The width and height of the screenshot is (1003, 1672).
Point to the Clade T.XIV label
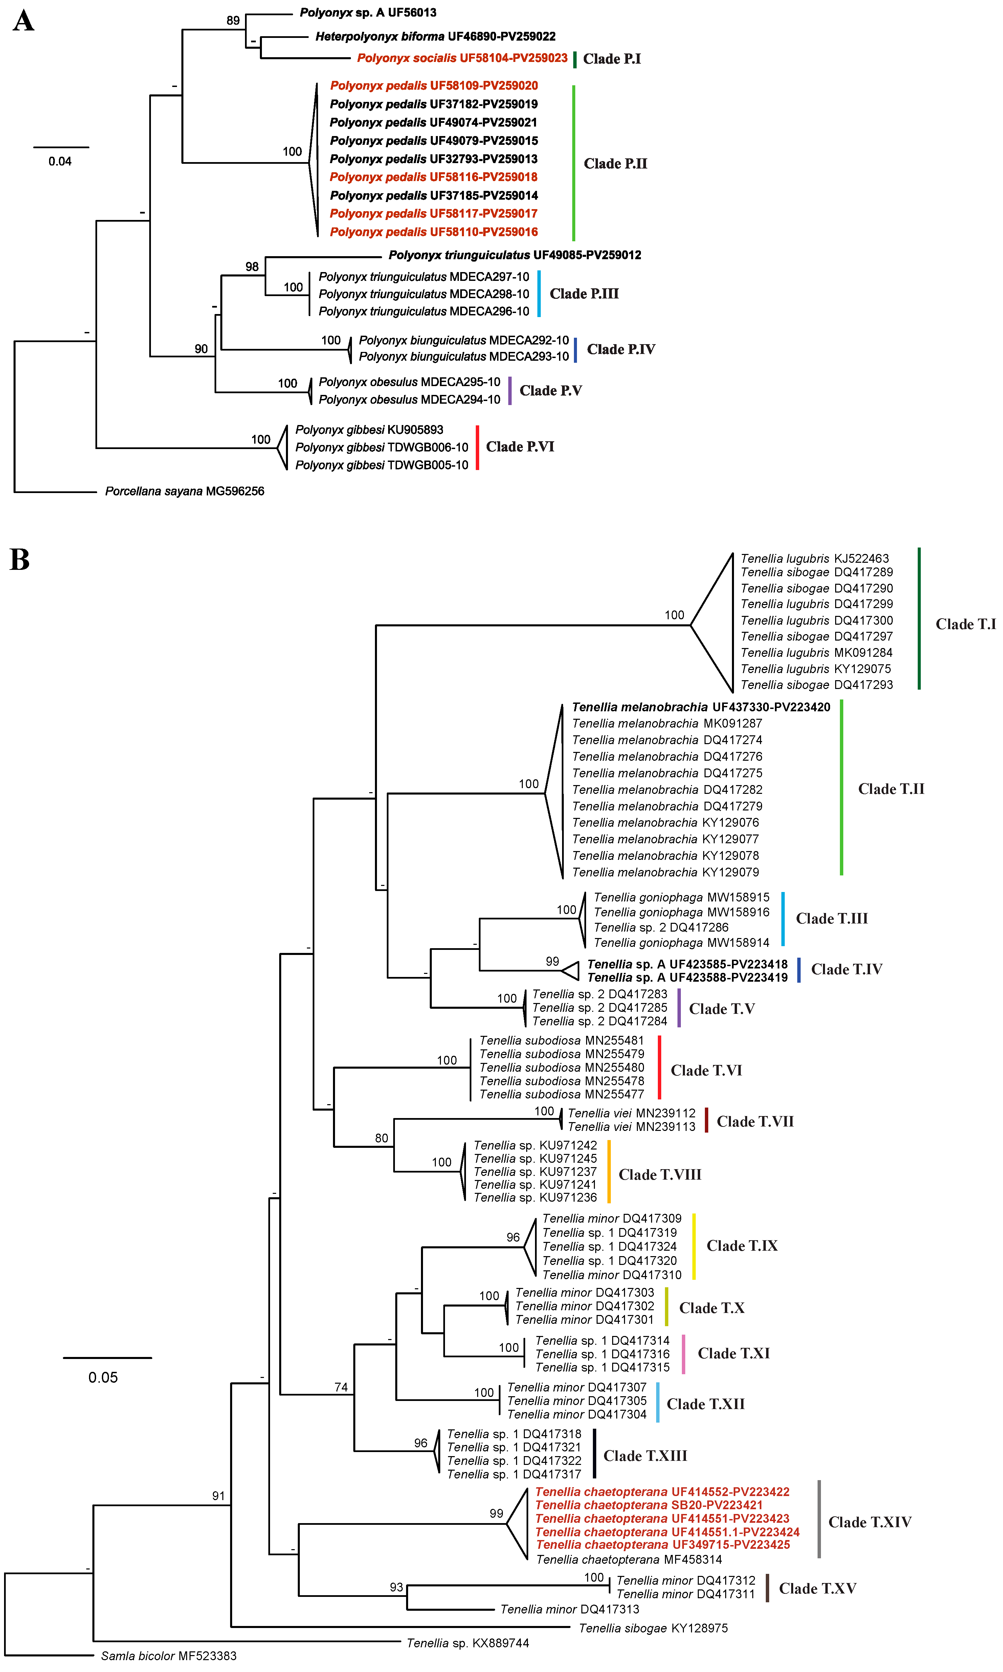tap(870, 1522)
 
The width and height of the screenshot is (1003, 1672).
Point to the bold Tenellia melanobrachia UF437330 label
tap(701, 707)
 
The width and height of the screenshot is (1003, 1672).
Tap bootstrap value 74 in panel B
tap(341, 1387)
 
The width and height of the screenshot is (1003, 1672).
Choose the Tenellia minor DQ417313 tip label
tap(570, 1609)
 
